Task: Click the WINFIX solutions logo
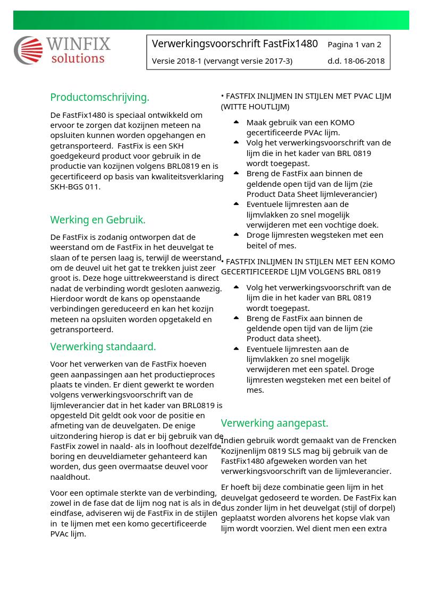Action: [x=62, y=50]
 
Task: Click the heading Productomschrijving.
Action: [x=99, y=97]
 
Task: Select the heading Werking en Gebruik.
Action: [x=98, y=220]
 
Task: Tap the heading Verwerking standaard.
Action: [x=103, y=347]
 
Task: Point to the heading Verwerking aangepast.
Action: [x=274, y=423]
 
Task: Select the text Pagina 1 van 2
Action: [x=354, y=45]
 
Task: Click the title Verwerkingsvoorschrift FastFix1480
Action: [x=234, y=44]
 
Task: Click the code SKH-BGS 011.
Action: [x=75, y=186]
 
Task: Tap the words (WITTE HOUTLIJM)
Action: [x=255, y=106]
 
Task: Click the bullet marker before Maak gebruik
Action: [x=236, y=122]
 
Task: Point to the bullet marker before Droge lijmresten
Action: [x=236, y=235]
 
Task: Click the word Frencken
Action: [x=379, y=440]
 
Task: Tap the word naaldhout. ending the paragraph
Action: [x=70, y=477]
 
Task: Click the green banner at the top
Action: [x=211, y=20]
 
